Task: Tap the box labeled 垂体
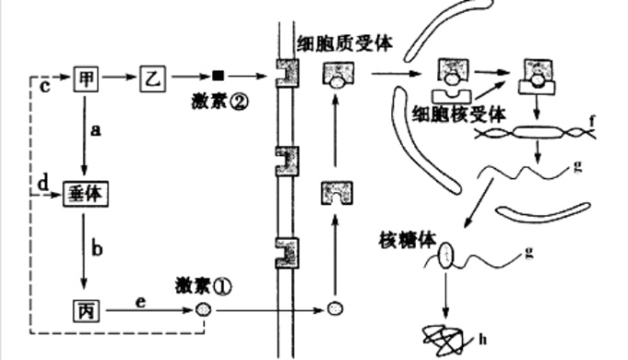click(x=84, y=193)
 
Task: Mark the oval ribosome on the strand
click(x=447, y=256)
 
